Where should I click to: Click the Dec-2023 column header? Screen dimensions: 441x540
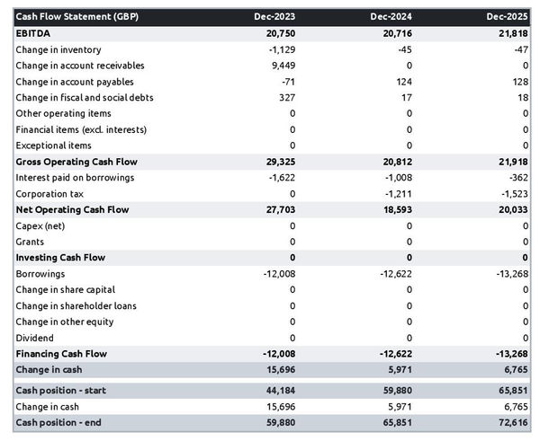(274, 17)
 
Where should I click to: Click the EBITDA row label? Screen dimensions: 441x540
(35, 33)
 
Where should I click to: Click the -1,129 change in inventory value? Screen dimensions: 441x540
(279, 49)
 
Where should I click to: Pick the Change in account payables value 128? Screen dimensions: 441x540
(519, 82)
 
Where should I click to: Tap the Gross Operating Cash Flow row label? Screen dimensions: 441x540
(76, 162)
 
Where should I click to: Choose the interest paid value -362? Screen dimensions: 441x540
(517, 178)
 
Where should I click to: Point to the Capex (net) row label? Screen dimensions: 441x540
(40, 225)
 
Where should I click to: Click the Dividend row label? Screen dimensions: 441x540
(36, 338)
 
